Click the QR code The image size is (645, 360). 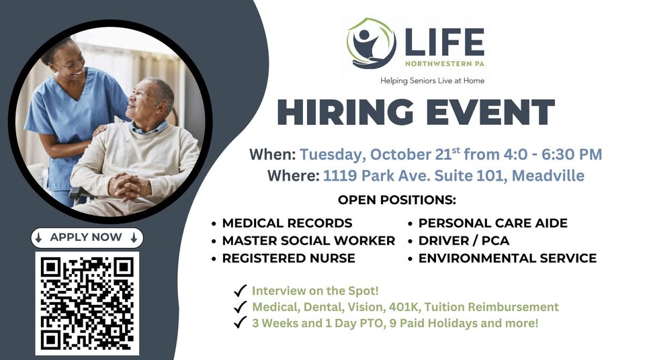pyautogui.click(x=87, y=303)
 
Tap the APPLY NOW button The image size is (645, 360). pyautogui.click(x=87, y=237)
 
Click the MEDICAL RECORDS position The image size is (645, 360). pyautogui.click(x=287, y=223)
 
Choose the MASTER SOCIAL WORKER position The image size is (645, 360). pyautogui.click(x=308, y=240)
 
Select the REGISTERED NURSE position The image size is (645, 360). pyautogui.click(x=288, y=258)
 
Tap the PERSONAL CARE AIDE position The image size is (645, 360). pyautogui.click(x=492, y=223)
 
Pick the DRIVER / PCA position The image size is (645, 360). pyautogui.click(x=464, y=240)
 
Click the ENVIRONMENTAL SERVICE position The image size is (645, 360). pyautogui.click(x=507, y=258)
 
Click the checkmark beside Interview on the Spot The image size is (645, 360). pyautogui.click(x=239, y=291)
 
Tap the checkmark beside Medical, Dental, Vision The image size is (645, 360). pyautogui.click(x=239, y=307)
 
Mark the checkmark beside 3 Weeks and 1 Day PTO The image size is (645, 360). pyautogui.click(x=239, y=323)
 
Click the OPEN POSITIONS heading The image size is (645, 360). pyautogui.click(x=396, y=200)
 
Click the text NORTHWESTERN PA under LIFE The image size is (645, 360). pyautogui.click(x=443, y=64)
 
